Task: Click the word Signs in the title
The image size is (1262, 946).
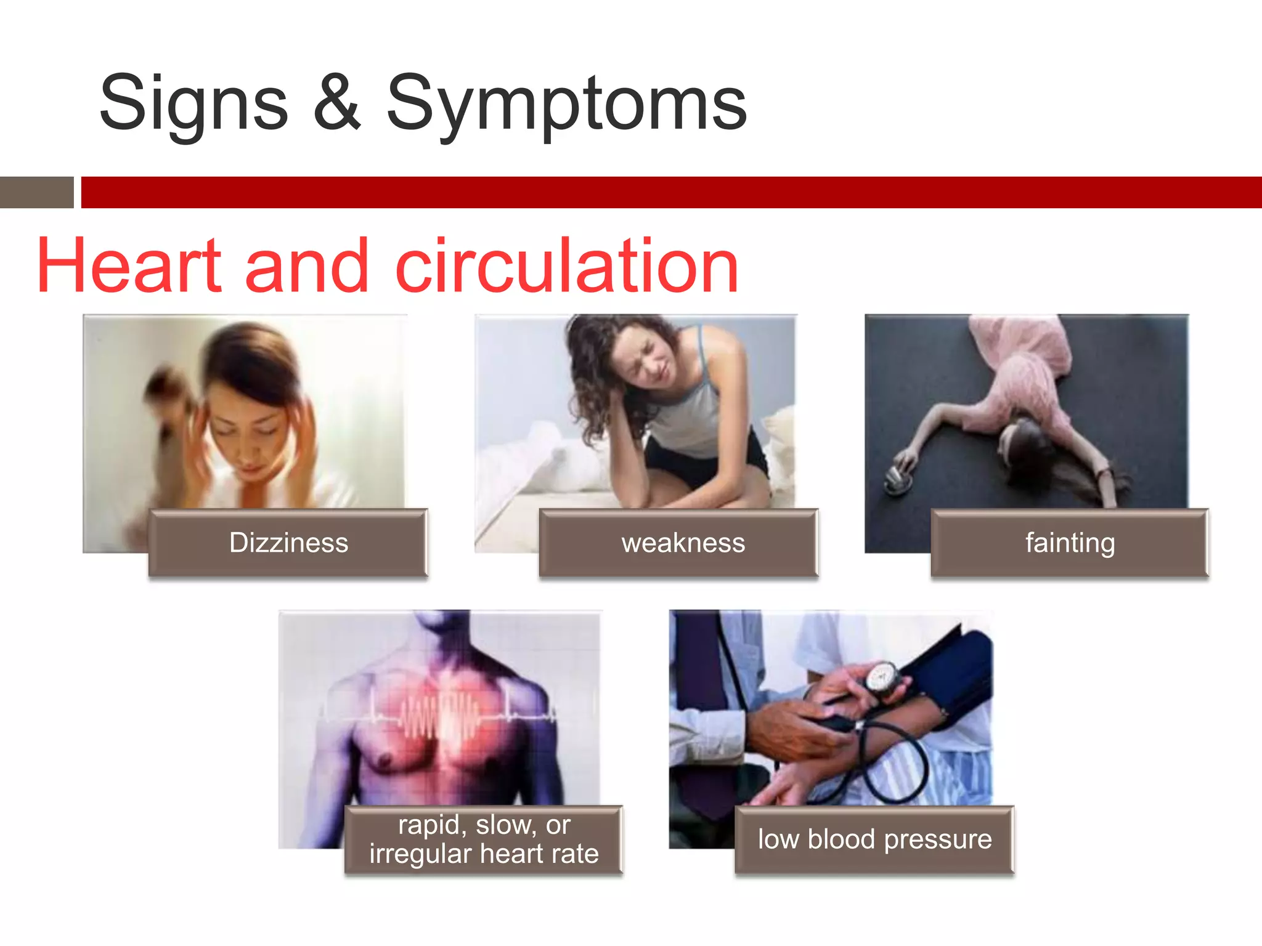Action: (193, 103)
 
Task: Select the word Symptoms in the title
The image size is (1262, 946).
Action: (566, 103)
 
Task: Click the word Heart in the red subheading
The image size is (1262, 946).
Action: (128, 266)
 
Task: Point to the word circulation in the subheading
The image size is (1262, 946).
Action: (566, 266)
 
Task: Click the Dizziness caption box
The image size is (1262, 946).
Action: (288, 543)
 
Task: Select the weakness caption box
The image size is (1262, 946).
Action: (678, 543)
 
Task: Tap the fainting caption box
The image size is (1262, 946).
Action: (1070, 543)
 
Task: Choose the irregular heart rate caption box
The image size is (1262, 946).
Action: (484, 839)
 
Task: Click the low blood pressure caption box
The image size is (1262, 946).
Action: (874, 839)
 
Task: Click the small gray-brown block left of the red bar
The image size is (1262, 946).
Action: (36, 192)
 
